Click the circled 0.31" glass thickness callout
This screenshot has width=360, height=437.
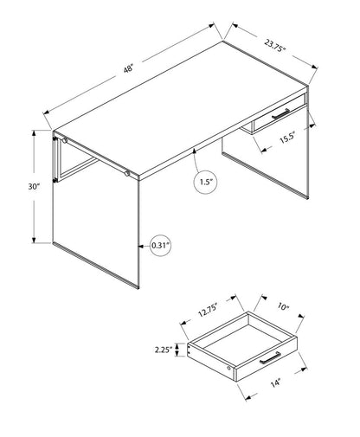160,245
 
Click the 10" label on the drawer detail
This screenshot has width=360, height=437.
284,305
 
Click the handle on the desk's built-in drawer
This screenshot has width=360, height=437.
283,114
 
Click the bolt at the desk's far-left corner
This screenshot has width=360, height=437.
61,139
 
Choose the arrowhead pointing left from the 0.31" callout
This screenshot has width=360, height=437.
139,245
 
